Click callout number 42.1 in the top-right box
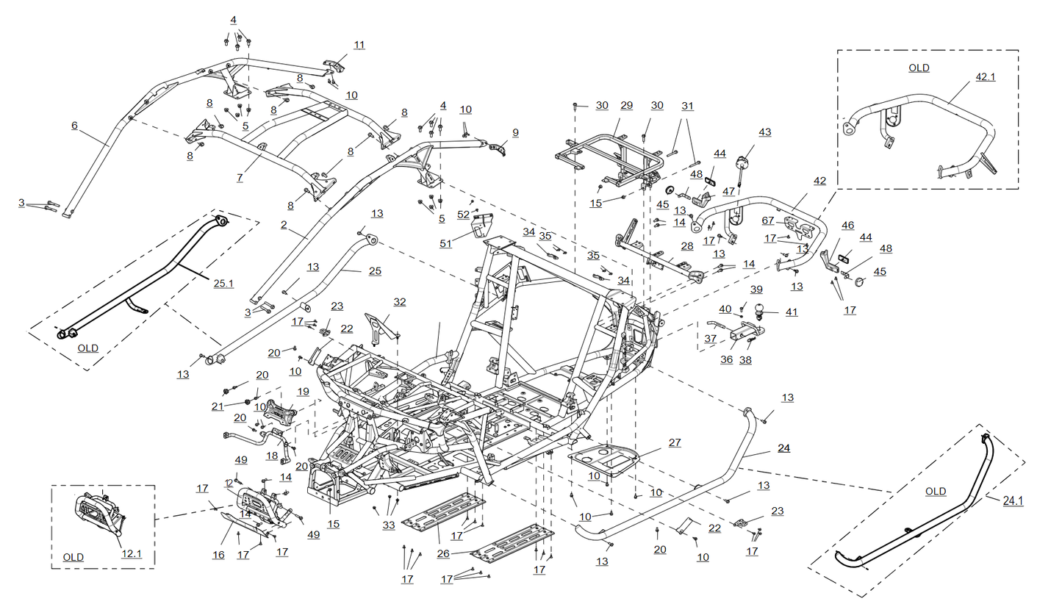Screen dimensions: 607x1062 (x=985, y=76)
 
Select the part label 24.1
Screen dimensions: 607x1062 (x=1013, y=500)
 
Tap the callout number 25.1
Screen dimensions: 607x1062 (x=223, y=282)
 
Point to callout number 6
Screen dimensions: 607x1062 (x=74, y=126)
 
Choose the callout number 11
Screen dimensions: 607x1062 (x=359, y=45)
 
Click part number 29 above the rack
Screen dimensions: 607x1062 (x=626, y=105)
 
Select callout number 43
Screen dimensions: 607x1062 (x=764, y=132)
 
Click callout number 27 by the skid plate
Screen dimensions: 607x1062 (x=674, y=442)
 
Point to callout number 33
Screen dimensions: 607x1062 (x=388, y=525)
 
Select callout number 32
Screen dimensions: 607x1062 (x=399, y=301)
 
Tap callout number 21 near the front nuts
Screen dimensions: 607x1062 (x=217, y=406)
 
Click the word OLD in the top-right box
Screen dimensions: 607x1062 (x=919, y=68)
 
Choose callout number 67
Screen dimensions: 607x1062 (x=767, y=220)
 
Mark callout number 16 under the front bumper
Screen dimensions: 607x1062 (x=218, y=555)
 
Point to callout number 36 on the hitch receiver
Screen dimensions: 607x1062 (x=726, y=360)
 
